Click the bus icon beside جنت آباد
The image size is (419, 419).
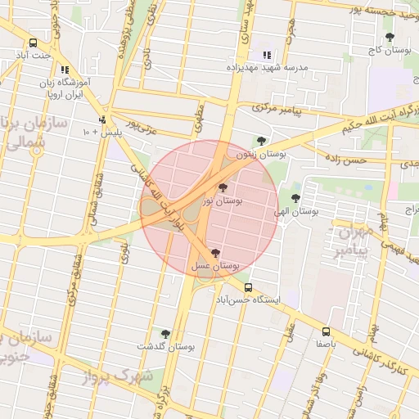pos(33,43)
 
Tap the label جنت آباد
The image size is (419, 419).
pos(34,56)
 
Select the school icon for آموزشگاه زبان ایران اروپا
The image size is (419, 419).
pos(65,70)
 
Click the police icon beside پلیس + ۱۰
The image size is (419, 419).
pos(102,119)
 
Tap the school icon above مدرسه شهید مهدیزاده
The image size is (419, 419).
pos(267,56)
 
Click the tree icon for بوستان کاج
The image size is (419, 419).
pos(390,37)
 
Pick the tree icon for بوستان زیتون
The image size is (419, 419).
pos(261,141)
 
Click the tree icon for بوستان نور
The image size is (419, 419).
pos(223,187)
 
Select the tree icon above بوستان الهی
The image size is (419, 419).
pos(295,198)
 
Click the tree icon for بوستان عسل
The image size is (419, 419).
pos(215,253)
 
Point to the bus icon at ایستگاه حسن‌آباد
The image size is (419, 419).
pos(248,287)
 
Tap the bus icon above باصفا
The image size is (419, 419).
pos(326,331)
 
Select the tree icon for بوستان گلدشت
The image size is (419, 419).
pos(166,334)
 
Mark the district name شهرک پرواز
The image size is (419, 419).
pos(119,377)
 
